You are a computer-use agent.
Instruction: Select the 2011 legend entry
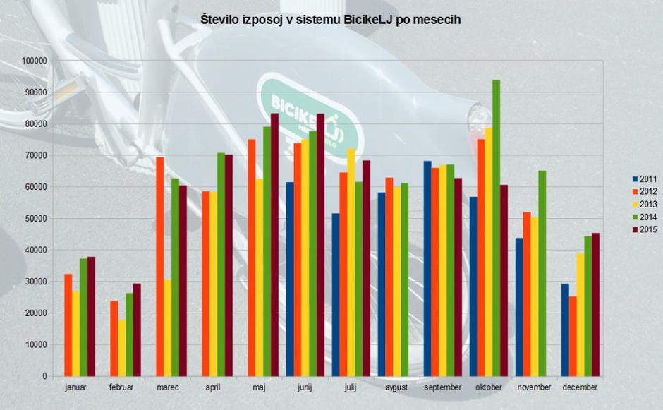tap(647, 179)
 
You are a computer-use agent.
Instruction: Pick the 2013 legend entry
tap(647, 204)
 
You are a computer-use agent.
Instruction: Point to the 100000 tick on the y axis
tap(34, 61)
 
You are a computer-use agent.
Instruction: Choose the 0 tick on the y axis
tap(43, 376)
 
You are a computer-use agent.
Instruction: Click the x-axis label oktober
tap(489, 388)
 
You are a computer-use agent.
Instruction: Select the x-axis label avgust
tap(397, 388)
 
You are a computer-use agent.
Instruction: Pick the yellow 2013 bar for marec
tap(168, 328)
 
